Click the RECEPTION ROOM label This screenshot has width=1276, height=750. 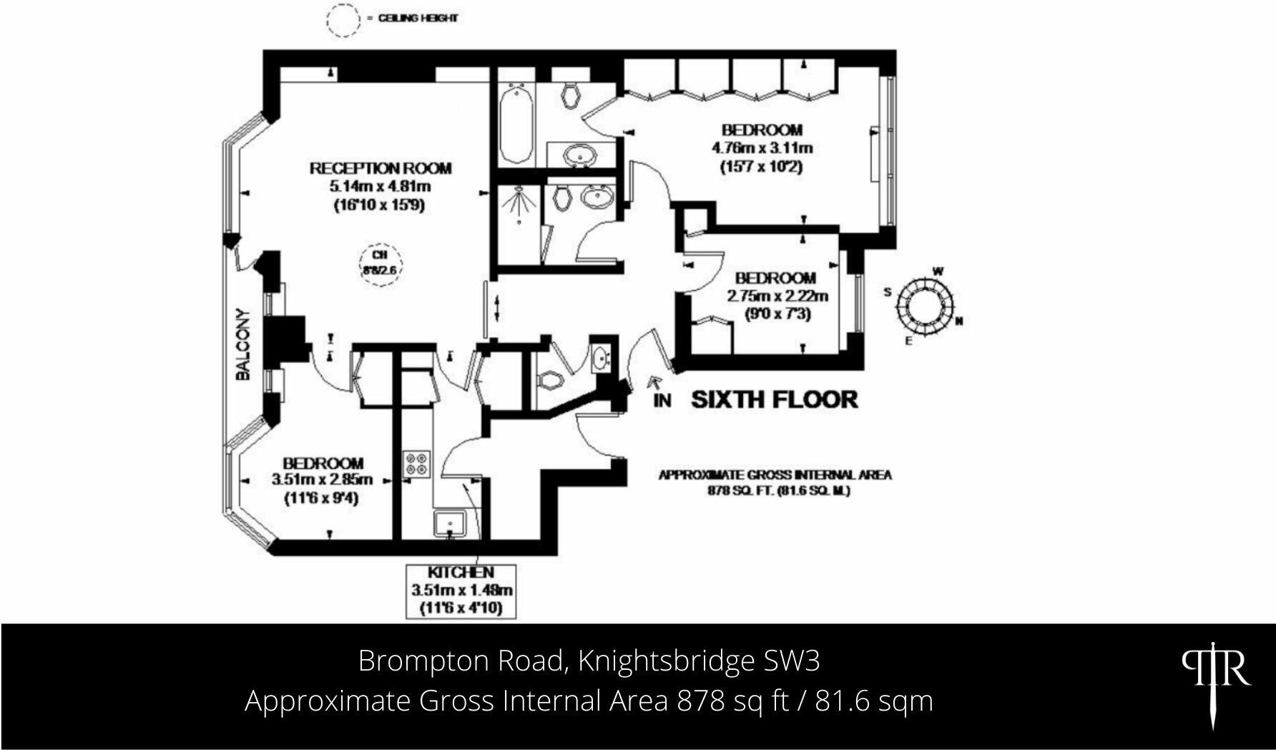click(x=381, y=169)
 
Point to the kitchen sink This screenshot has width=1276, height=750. click(x=450, y=524)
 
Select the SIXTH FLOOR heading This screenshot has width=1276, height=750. click(x=774, y=399)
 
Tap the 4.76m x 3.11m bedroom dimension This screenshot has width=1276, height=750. click(x=761, y=148)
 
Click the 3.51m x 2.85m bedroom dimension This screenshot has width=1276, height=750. click(x=322, y=479)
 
